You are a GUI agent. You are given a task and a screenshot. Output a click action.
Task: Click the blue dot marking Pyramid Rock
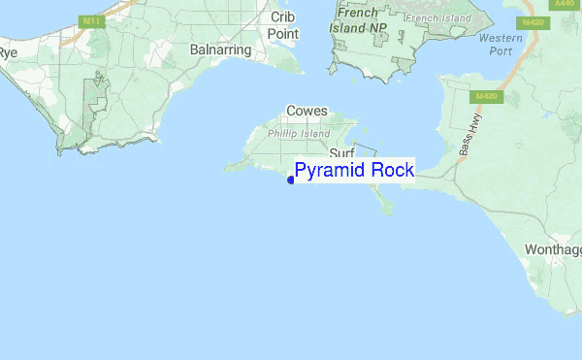click(291, 180)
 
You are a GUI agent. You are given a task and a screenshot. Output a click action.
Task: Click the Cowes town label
click(307, 112)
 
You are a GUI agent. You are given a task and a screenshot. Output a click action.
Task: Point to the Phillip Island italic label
click(300, 133)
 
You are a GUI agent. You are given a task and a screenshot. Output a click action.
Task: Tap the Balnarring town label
click(221, 49)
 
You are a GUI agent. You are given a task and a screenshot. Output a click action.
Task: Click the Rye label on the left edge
click(9, 52)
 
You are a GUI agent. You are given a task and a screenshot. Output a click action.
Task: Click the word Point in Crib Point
click(283, 34)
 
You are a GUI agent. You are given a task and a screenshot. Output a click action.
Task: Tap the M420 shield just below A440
click(533, 22)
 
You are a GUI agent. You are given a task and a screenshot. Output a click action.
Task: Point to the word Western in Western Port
click(501, 38)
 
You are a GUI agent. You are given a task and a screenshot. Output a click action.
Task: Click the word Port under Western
click(501, 52)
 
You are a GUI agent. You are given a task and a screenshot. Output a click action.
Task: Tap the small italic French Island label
click(436, 17)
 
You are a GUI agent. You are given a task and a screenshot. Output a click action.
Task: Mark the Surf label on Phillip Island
click(341, 154)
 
